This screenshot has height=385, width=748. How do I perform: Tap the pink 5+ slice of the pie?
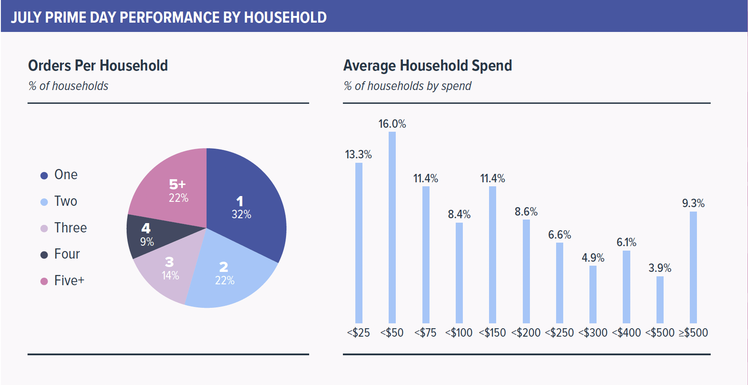(x=173, y=186)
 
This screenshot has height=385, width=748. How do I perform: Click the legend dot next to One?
(x=44, y=176)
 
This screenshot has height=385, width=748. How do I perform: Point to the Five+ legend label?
(x=69, y=281)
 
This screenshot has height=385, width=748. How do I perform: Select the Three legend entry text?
(x=70, y=228)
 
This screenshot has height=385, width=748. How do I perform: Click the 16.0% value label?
(x=392, y=124)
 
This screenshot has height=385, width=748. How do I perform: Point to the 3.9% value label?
(x=660, y=268)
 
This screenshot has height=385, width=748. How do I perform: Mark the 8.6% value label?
(x=526, y=212)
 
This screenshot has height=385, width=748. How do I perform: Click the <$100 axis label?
(x=459, y=333)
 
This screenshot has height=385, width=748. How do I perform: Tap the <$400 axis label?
(x=626, y=333)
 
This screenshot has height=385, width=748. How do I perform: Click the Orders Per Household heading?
(x=98, y=66)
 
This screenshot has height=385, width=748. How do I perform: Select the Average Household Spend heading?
(x=427, y=66)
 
